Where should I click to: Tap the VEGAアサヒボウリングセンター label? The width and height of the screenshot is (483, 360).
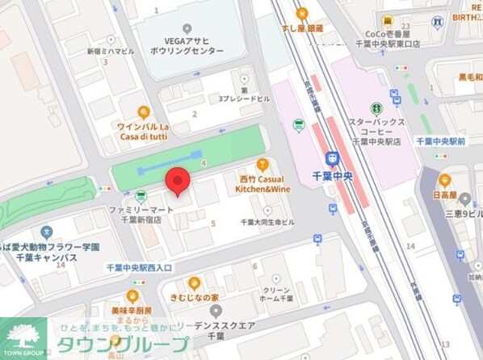187,44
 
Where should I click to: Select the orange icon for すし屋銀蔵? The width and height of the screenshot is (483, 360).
302,13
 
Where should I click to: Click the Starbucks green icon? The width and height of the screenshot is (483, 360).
376,108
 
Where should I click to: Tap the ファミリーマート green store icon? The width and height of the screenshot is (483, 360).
141,195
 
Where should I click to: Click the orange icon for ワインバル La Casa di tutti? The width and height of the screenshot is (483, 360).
143,112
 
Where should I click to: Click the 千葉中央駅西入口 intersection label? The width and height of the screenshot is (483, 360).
139,267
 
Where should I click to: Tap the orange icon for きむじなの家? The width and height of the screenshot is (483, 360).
194,283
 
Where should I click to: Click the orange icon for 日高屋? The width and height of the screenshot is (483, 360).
445,179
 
